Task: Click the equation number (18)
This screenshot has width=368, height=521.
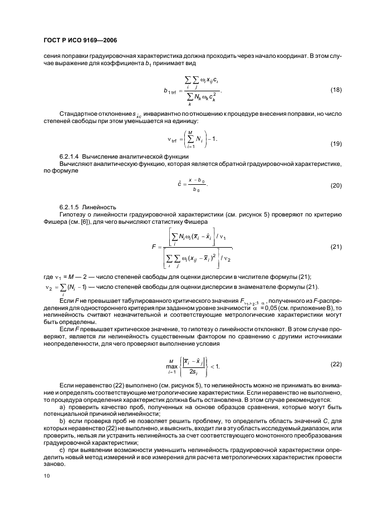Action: (336, 90)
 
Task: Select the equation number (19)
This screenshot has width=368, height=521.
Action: (336, 144)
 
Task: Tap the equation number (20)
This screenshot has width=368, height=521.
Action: (336, 185)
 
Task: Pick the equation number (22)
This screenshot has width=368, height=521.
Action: (336, 364)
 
